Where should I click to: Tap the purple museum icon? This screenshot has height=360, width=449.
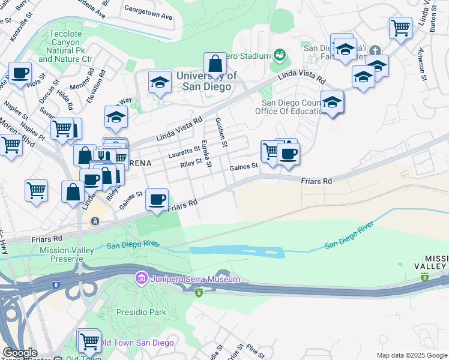[x=141, y=279]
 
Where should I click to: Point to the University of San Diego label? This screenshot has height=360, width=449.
[x=206, y=81]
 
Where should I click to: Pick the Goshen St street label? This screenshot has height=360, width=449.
[x=222, y=133]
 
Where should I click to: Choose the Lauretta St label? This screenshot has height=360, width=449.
[x=184, y=152]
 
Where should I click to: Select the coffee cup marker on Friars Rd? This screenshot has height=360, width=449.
[x=157, y=199]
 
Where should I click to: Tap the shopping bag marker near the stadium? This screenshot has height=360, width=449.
[x=215, y=64]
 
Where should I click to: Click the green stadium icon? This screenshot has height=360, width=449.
[x=279, y=55]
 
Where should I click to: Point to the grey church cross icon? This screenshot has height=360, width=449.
[x=375, y=50]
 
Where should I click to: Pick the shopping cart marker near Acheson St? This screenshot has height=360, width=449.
[x=400, y=27]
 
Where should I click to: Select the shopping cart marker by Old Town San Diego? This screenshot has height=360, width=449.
[x=89, y=341]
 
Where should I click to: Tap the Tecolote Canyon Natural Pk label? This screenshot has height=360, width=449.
[x=66, y=46]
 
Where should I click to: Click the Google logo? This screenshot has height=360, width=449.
[x=20, y=353]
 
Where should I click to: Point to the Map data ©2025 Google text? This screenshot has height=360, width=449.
[x=412, y=355]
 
